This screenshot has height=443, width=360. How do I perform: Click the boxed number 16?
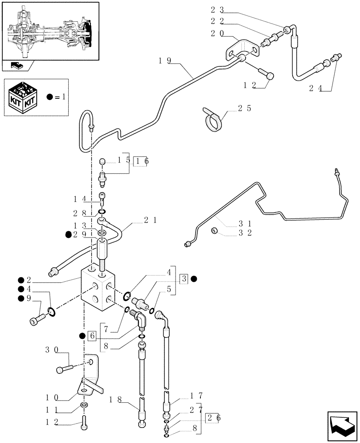click(x=142, y=161)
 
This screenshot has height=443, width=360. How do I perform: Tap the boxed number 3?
click(x=184, y=279)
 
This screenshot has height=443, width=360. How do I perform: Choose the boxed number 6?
click(x=92, y=335)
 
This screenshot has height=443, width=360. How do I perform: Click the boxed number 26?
click(x=211, y=417)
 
